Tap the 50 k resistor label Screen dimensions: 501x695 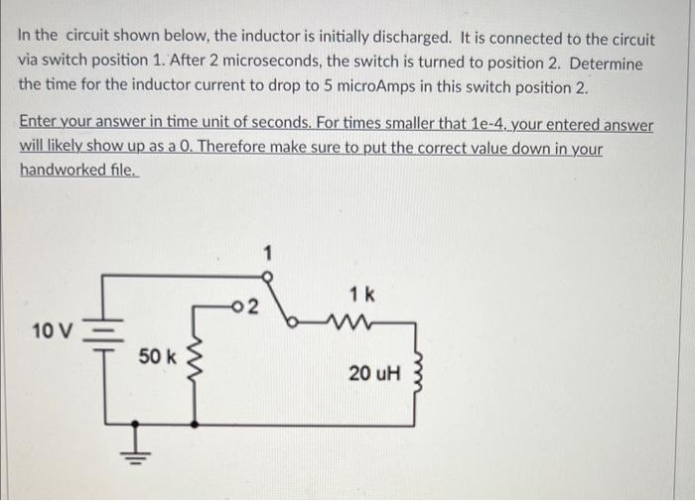click(155, 355)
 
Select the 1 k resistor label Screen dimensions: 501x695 click(361, 294)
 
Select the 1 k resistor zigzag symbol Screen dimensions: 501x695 click(354, 319)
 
